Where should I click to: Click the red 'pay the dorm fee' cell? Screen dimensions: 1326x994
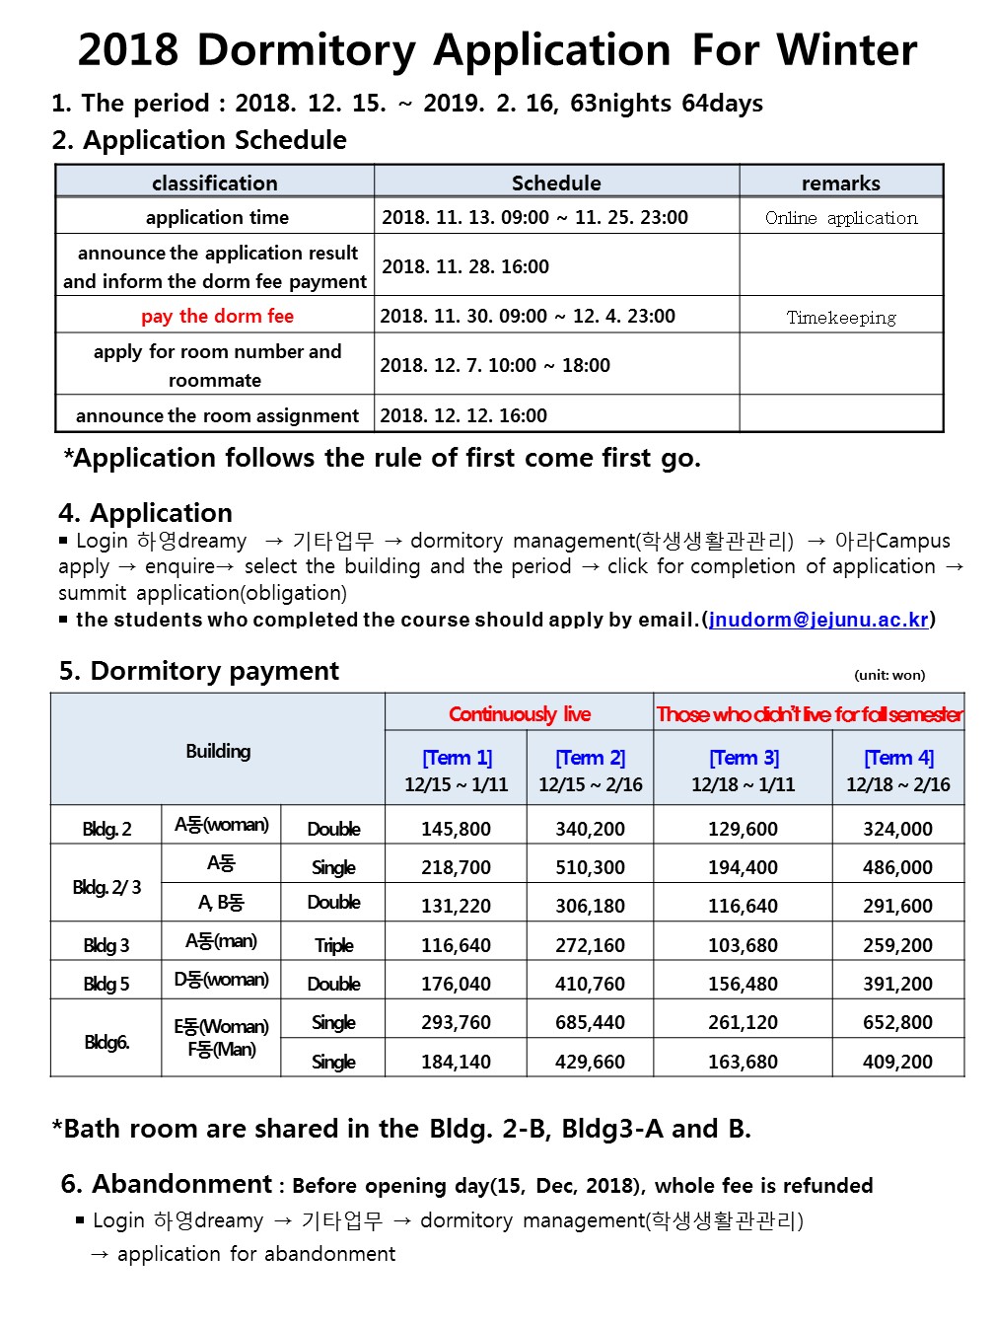click(217, 316)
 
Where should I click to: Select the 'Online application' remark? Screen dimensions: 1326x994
click(841, 218)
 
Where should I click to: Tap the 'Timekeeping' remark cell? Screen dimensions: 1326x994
click(841, 318)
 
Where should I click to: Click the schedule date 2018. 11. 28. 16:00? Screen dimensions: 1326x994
click(465, 266)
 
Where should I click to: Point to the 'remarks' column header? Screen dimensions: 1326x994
click(840, 183)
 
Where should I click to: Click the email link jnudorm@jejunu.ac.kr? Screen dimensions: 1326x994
click(818, 620)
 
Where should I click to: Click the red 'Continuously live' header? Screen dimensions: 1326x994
click(520, 713)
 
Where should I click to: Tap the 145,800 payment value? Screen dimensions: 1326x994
click(456, 829)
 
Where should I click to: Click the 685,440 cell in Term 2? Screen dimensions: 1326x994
click(590, 1022)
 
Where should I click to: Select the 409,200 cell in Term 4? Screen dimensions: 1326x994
click(897, 1062)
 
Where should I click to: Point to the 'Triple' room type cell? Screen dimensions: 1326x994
click(333, 945)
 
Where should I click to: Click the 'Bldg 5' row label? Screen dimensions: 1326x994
click(106, 984)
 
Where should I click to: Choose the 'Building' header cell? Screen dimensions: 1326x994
click(218, 751)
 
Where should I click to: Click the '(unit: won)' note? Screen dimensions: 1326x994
click(889, 675)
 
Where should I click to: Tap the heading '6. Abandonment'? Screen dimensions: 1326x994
click(166, 1183)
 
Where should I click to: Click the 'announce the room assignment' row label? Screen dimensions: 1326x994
click(217, 415)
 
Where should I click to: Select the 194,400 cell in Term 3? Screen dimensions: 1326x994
click(743, 867)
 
